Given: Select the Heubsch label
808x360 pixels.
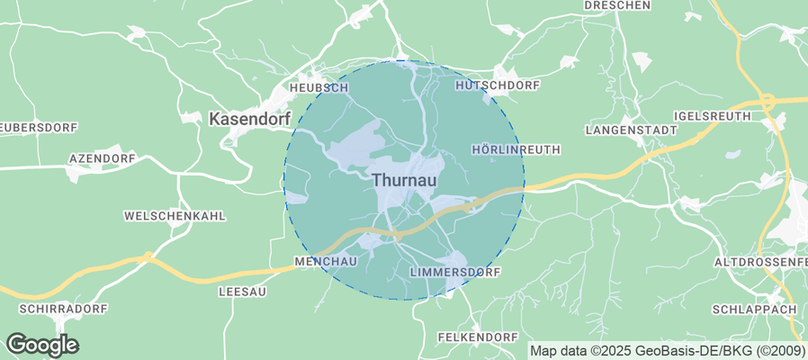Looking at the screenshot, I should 319,88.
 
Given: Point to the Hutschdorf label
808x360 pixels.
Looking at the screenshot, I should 498,85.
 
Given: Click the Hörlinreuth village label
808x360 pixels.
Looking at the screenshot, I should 516,148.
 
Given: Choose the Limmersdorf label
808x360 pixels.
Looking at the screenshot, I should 453,271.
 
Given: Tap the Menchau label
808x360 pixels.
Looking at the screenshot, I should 327,261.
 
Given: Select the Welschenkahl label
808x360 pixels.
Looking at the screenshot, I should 175,216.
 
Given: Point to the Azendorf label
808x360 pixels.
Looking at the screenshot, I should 102,158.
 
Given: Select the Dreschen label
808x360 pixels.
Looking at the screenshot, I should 617,5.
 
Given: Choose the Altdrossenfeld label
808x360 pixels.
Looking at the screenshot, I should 759,261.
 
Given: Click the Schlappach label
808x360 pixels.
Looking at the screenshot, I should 754,309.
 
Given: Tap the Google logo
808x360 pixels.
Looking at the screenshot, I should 42,344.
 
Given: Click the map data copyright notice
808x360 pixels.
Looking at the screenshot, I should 667,351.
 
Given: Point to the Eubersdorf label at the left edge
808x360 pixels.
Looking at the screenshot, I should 26,126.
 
